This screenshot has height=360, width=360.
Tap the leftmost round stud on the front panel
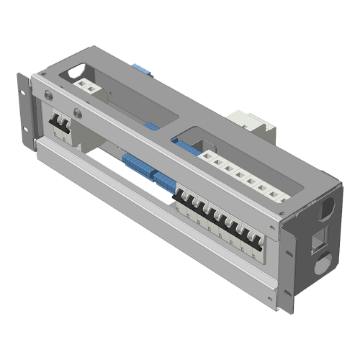pyautogui.click(x=48, y=93)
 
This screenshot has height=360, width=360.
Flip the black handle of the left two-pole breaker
pyautogui.click(x=58, y=124)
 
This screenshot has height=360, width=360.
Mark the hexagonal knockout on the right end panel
pyautogui.click(x=325, y=209)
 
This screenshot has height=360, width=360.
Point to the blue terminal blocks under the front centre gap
pyautogui.click(x=148, y=173)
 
